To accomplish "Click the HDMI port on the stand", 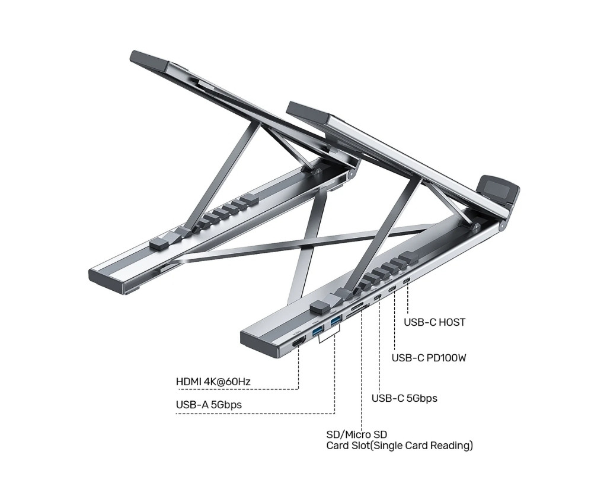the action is pyautogui.click(x=298, y=343).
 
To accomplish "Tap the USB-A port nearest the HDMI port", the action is pyautogui.click(x=318, y=331).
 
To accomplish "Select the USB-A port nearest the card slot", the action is pyautogui.click(x=336, y=320).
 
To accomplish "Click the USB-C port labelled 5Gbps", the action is pyautogui.click(x=379, y=298).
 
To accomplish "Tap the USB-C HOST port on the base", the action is pyautogui.click(x=407, y=282).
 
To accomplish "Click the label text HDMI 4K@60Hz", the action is pyautogui.click(x=213, y=382).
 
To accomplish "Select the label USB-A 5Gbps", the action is pyautogui.click(x=209, y=405).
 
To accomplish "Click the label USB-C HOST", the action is pyautogui.click(x=435, y=322).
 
